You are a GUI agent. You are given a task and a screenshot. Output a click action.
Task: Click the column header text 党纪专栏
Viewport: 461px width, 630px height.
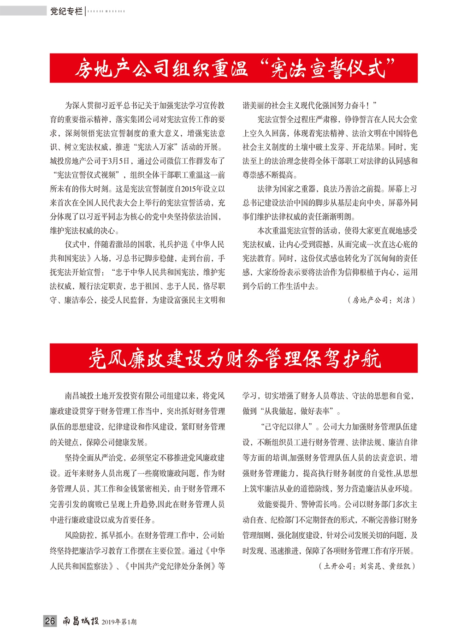[x=66, y=11]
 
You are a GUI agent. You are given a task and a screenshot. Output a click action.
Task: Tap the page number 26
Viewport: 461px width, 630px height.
[x=50, y=621]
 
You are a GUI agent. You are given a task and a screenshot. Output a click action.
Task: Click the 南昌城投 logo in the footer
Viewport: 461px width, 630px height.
[x=81, y=621]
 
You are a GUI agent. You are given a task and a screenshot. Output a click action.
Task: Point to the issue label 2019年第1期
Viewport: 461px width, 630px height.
[x=119, y=622]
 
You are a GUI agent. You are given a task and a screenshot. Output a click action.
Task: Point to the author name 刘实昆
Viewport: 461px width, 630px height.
[x=369, y=566]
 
